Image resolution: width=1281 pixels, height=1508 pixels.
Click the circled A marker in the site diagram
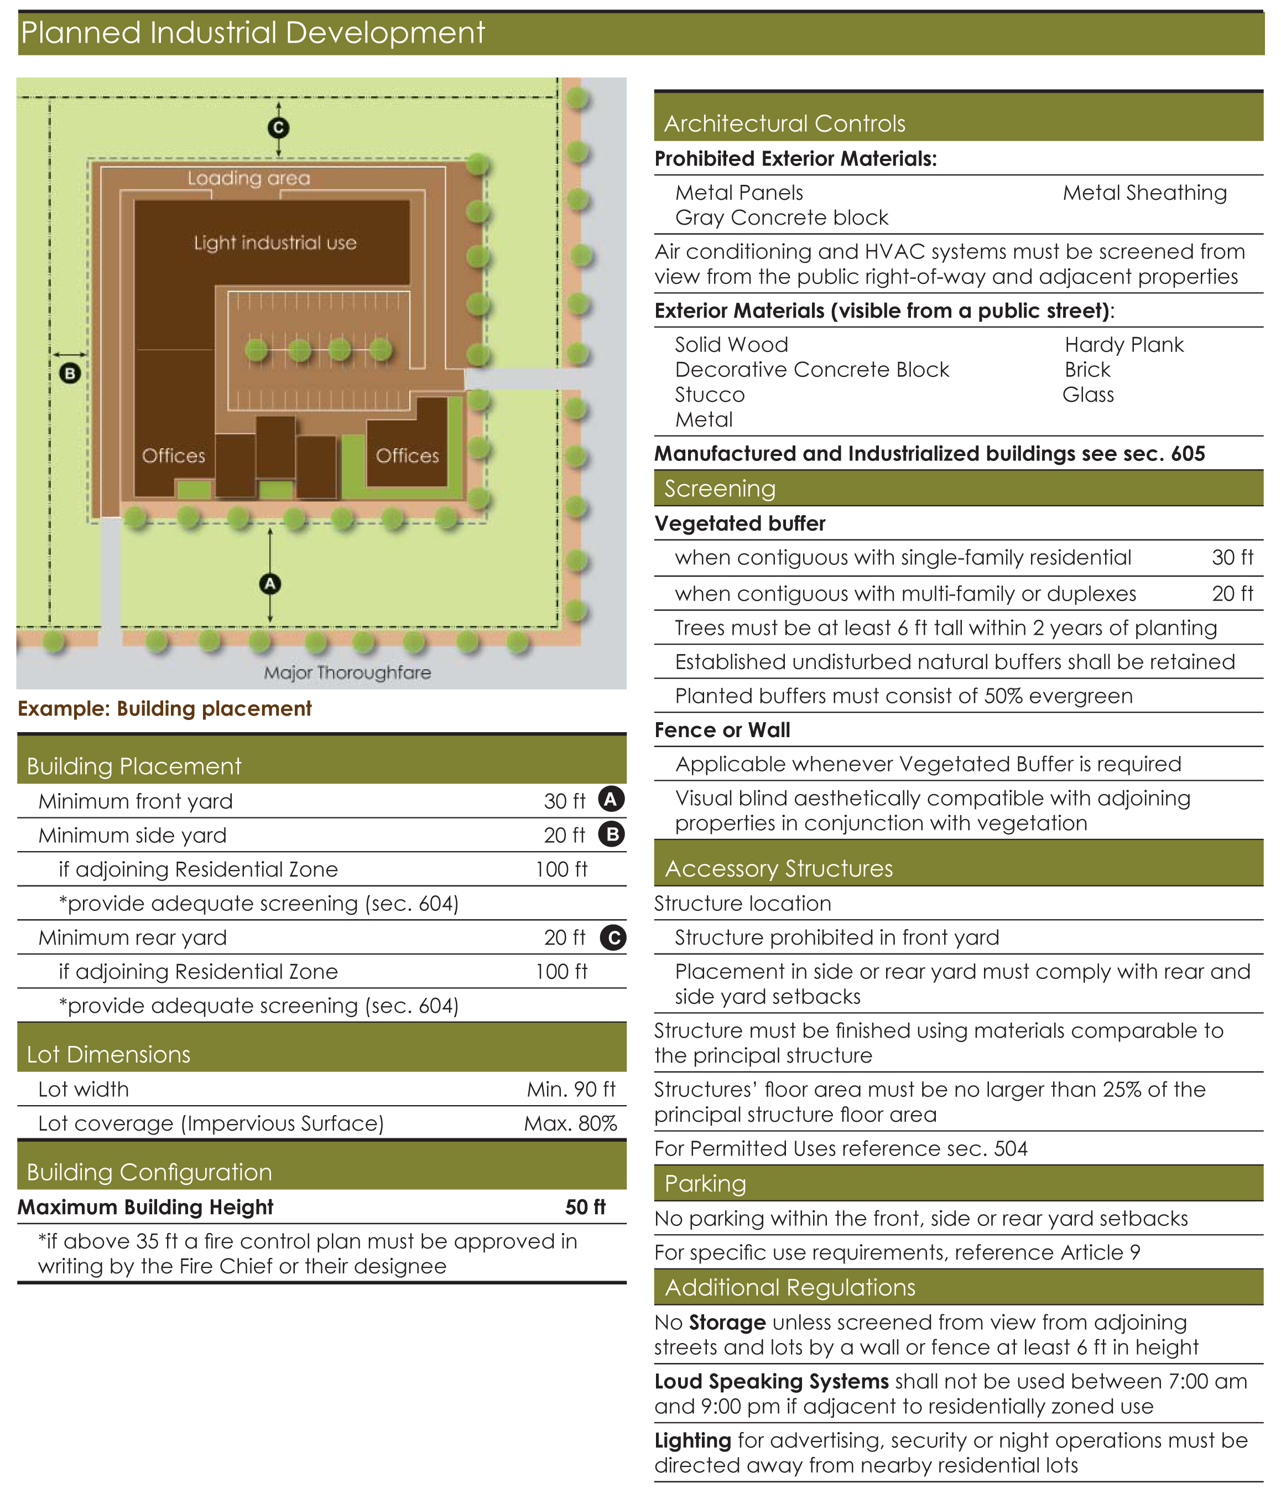pyautogui.click(x=270, y=583)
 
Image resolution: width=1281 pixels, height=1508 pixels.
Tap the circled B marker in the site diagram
pyautogui.click(x=70, y=374)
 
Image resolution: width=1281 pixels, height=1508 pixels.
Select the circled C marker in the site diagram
pyautogui.click(x=278, y=128)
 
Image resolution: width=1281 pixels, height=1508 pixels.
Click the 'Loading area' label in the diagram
pyautogui.click(x=248, y=178)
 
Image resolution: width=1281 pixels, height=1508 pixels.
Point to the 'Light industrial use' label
pyautogui.click(x=275, y=242)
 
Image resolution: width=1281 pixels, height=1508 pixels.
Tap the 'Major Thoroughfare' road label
pyautogui.click(x=347, y=672)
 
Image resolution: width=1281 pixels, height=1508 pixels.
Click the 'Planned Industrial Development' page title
pyautogui.click(x=252, y=33)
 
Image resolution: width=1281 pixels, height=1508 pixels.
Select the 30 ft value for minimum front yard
pyautogui.click(x=564, y=801)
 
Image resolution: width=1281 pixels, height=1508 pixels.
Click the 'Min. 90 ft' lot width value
pyautogui.click(x=571, y=1089)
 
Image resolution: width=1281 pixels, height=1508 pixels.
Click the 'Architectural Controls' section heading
pyautogui.click(x=784, y=123)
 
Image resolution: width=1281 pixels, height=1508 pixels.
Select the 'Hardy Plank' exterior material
pyautogui.click(x=1123, y=344)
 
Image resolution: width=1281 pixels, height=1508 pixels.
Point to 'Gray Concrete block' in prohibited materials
pyautogui.click(x=782, y=217)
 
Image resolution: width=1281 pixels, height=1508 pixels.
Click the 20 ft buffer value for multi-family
pyautogui.click(x=1232, y=593)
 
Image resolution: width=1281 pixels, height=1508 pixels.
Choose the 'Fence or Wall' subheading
pyautogui.click(x=722, y=730)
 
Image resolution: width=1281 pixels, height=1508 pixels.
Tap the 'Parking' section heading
pyautogui.click(x=705, y=1183)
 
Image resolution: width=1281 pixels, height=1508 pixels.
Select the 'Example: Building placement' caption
pyautogui.click(x=165, y=708)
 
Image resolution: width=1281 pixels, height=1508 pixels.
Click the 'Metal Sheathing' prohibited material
pyautogui.click(x=1144, y=193)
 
